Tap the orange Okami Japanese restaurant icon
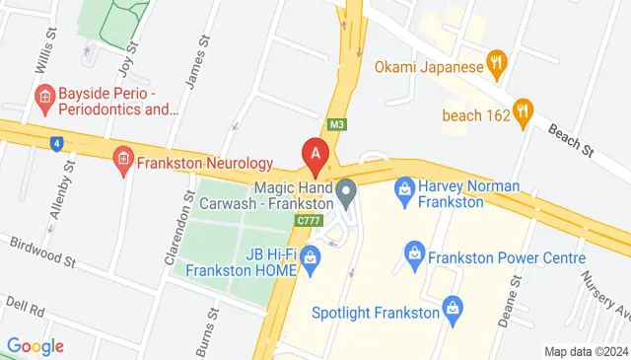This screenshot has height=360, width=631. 499,67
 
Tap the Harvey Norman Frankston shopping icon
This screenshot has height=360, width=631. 403,187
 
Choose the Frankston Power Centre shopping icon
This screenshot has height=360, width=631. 415,259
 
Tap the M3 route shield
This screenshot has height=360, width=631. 338,124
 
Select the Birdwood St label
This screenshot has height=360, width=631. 42,251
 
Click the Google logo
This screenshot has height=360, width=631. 35,345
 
